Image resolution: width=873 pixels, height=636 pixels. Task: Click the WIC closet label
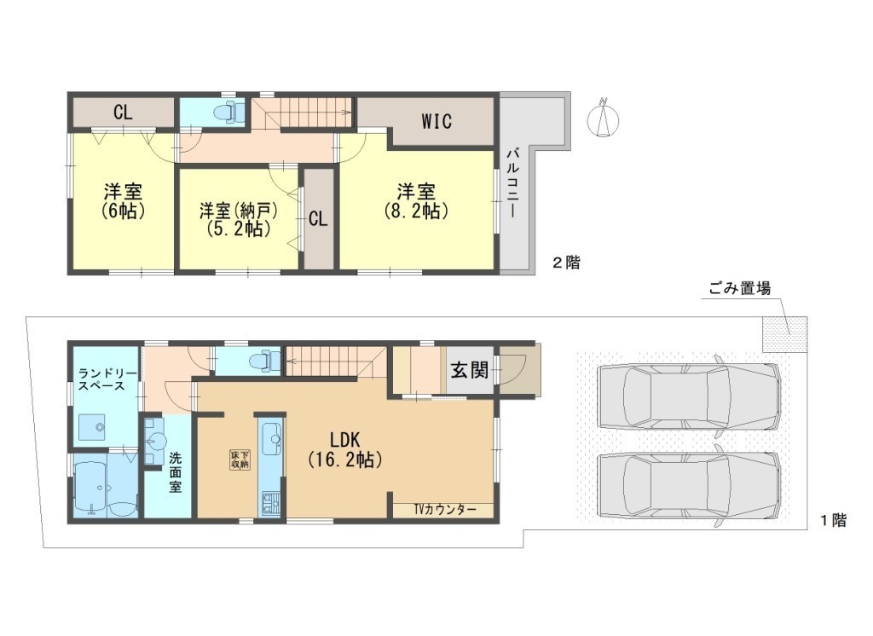click(x=436, y=121)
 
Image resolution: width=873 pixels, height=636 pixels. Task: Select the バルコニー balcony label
click(x=513, y=183)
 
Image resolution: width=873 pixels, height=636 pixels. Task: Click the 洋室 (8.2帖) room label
click(x=416, y=201)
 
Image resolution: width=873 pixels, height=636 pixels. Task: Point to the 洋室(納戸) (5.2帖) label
click(x=239, y=219)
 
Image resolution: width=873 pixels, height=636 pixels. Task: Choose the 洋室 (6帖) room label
click(x=123, y=201)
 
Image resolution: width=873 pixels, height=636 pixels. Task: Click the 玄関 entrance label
click(x=470, y=369)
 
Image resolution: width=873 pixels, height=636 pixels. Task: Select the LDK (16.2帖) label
click(x=345, y=449)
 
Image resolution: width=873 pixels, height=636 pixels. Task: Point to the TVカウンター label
click(x=445, y=510)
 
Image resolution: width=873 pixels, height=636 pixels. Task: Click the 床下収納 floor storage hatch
click(x=240, y=459)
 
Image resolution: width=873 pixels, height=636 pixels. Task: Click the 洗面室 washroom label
click(x=176, y=472)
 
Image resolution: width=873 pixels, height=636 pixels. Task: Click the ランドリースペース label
click(x=102, y=379)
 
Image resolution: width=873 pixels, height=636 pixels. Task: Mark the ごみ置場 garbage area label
click(x=739, y=289)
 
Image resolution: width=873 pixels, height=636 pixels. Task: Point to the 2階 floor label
click(x=566, y=263)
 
